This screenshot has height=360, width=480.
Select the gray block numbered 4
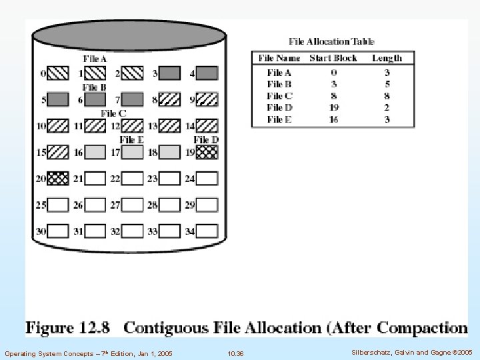point(207,73)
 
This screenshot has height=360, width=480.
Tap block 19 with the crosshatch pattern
point(207,152)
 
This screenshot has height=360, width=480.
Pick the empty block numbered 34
point(207,231)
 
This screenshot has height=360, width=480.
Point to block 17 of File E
point(133,152)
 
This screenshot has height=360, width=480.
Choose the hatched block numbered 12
point(133,125)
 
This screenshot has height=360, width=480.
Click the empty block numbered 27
point(133,205)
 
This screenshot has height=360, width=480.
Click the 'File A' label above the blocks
point(95,59)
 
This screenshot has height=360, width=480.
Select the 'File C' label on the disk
point(113,113)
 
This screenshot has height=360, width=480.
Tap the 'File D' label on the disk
point(206,139)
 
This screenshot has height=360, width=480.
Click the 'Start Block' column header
point(333,58)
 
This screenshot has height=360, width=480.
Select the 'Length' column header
point(387,58)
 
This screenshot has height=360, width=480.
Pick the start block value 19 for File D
point(333,107)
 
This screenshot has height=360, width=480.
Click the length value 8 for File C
point(387,96)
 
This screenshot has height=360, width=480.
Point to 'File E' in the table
point(279,119)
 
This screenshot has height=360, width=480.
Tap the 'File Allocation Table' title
point(331,41)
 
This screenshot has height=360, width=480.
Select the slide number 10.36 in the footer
point(235,352)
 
